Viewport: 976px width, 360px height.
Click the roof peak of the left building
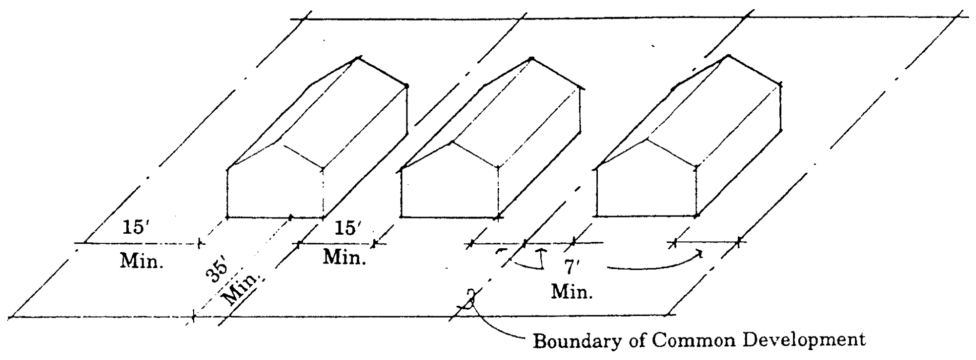[359, 58]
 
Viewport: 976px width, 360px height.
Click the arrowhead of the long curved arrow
[700, 253]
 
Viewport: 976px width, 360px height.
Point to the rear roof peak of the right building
[728, 55]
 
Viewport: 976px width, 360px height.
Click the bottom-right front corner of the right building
[696, 215]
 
